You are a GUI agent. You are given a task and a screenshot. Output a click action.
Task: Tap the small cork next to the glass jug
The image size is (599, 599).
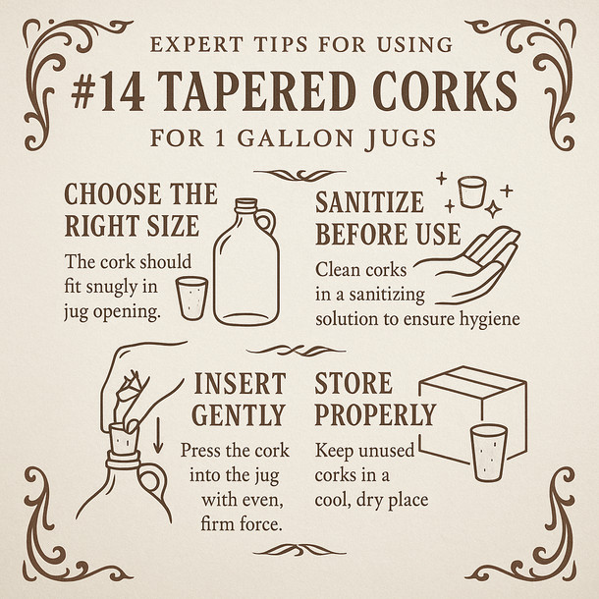[192, 297]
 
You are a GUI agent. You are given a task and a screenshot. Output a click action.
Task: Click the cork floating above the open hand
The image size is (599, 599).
[473, 190]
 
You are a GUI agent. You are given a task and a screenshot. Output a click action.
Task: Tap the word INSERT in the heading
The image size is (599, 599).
[240, 383]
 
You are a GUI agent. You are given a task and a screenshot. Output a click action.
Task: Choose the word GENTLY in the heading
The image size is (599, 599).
[239, 414]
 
